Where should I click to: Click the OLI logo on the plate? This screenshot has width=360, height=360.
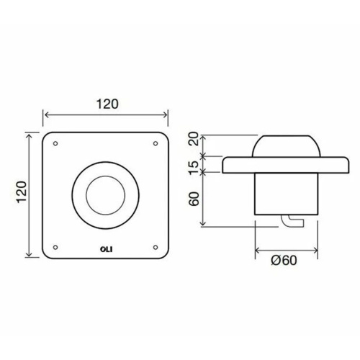tap(106, 249)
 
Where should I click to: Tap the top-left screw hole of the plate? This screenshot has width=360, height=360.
tap(55, 143)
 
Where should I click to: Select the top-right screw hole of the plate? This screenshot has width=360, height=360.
tap(156, 143)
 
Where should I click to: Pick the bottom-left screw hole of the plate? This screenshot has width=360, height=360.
tap(55, 247)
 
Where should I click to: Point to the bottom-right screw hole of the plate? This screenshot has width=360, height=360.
tap(156, 247)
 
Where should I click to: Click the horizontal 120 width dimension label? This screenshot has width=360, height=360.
tap(107, 104)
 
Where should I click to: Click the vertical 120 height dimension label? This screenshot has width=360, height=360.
tap(22, 192)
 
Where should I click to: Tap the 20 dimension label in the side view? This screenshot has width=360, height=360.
tap(194, 139)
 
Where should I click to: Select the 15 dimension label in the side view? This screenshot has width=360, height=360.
tap(194, 168)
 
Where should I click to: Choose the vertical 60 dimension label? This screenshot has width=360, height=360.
tap(194, 199)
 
